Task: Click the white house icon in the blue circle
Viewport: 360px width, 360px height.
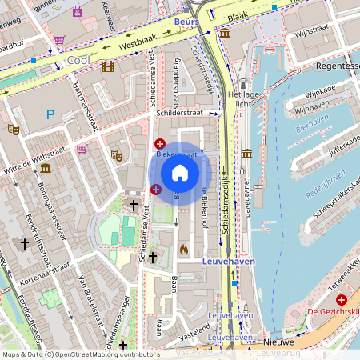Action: coord(180,173)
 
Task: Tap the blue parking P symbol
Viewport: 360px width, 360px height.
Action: coord(50,114)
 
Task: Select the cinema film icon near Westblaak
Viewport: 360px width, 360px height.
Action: coord(107,66)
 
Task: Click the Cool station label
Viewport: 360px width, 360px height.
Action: coord(78,60)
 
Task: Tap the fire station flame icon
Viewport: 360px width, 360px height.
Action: coord(184,249)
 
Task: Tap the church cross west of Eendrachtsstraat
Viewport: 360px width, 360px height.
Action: coord(25,243)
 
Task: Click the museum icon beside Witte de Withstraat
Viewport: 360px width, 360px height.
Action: coord(46,168)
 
